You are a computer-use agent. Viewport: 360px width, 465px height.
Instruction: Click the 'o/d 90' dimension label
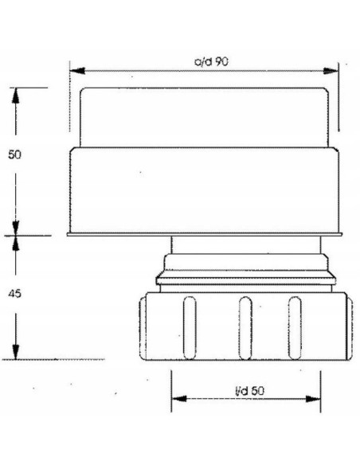(x=205, y=61)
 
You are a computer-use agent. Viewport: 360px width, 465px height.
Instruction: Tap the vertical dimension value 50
(x=14, y=154)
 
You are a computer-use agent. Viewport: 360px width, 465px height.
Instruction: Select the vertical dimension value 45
(x=14, y=294)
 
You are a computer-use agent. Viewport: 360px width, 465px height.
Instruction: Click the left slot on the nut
(x=190, y=326)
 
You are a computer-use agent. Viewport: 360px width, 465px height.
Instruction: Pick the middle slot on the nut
(x=245, y=326)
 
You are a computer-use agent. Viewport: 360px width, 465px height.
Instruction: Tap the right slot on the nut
(x=295, y=326)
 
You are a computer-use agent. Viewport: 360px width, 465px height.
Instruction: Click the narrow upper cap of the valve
(x=205, y=115)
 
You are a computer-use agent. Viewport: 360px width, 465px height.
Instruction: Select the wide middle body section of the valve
(x=205, y=189)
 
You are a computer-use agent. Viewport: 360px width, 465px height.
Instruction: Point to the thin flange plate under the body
(x=205, y=234)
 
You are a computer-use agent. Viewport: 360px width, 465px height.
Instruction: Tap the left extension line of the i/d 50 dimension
(x=171, y=390)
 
